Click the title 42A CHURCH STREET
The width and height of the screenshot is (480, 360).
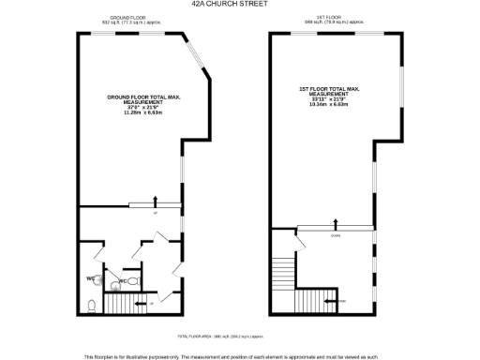tap(239, 4)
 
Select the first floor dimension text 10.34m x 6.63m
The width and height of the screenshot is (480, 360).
tap(328, 105)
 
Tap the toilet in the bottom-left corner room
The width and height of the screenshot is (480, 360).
tap(89, 305)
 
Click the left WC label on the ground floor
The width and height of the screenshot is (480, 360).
tap(92, 277)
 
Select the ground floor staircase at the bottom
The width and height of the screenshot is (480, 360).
tap(119, 304)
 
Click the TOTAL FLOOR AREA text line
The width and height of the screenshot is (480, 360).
tap(220, 335)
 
